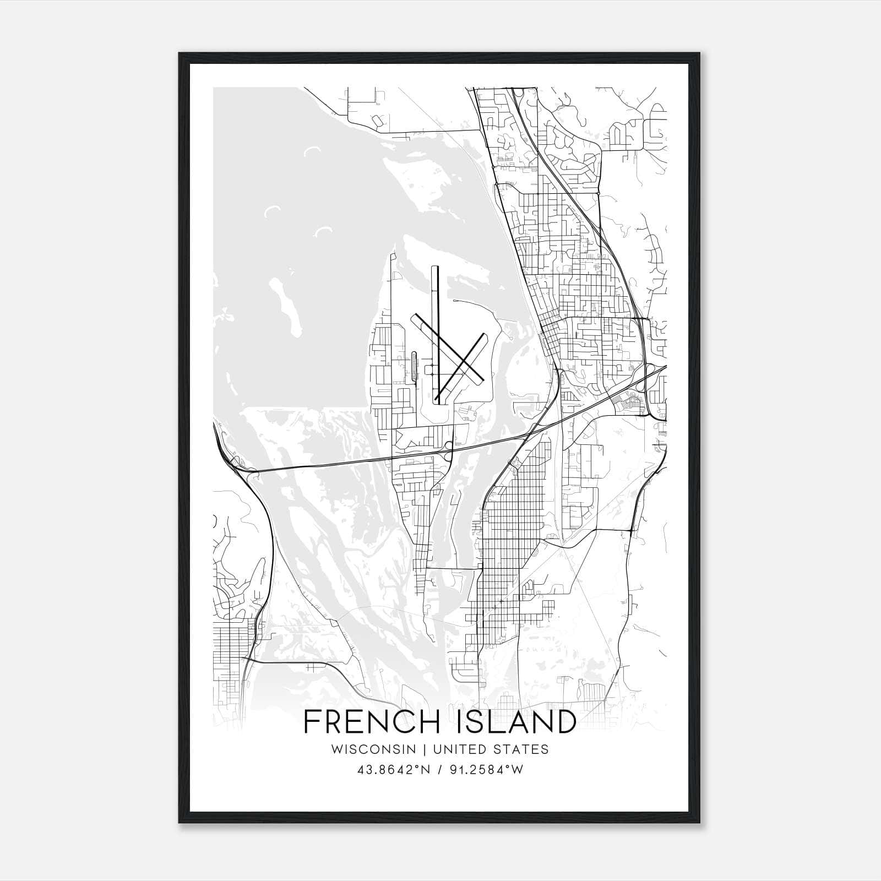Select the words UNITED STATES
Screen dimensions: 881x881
(491, 749)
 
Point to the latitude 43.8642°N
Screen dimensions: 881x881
(391, 770)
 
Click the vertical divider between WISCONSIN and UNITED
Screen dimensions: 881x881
(425, 749)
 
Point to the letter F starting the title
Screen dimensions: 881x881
(312, 722)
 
